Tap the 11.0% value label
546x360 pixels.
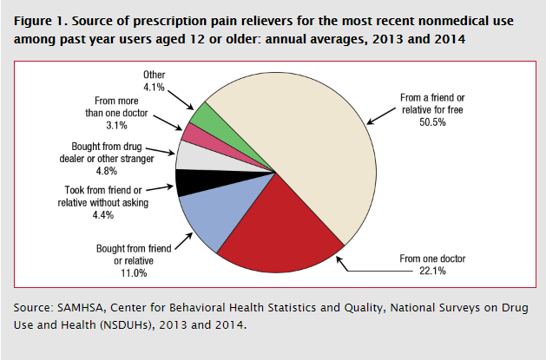(x=133, y=273)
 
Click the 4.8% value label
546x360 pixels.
(x=118, y=172)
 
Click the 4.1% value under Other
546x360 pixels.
(x=155, y=87)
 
